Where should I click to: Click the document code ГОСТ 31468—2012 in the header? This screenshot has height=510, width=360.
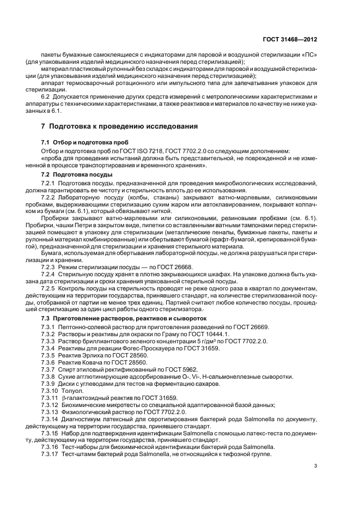[290, 40]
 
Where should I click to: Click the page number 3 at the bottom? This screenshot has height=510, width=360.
[315, 465]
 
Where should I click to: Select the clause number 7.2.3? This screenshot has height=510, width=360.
[50, 268]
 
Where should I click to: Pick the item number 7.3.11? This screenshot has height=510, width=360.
[50, 398]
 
